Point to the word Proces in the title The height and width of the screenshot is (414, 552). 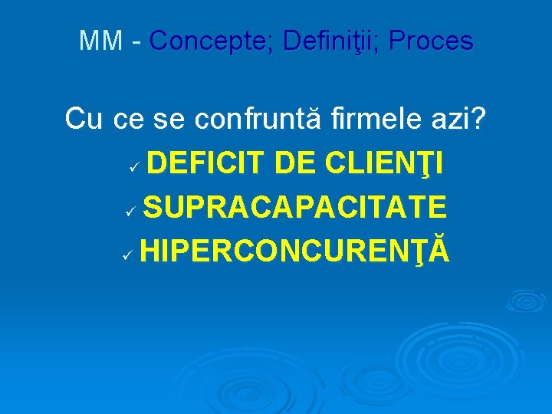(x=431, y=41)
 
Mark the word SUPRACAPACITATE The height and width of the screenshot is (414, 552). (x=294, y=206)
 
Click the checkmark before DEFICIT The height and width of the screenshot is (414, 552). (x=133, y=166)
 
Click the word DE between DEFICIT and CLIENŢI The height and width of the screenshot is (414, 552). (x=296, y=163)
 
